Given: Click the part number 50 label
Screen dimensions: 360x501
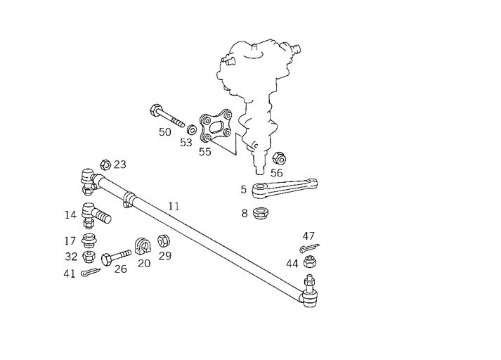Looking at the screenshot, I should pyautogui.click(x=164, y=132).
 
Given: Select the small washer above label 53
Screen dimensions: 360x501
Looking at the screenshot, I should pyautogui.click(x=190, y=130).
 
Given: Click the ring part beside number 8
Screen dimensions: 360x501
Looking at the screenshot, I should pyautogui.click(x=261, y=212).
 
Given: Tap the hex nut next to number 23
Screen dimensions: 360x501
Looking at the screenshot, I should pyautogui.click(x=104, y=165).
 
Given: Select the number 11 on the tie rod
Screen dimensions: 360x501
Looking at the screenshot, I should pyautogui.click(x=174, y=206).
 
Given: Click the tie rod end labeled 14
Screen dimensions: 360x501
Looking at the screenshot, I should pyautogui.click(x=94, y=213).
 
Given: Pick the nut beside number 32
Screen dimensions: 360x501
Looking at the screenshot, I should pyautogui.click(x=89, y=256).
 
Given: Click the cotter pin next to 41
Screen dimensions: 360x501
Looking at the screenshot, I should pyautogui.click(x=91, y=272).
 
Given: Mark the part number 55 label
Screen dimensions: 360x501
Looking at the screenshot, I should pyautogui.click(x=204, y=151).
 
